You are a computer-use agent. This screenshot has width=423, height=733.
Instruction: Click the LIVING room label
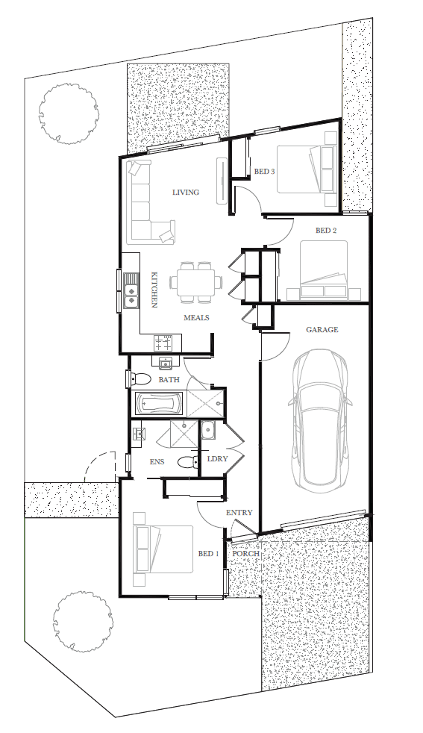(186, 192)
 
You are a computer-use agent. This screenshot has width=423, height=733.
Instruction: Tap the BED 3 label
(264, 172)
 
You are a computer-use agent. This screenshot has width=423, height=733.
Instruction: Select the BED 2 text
(326, 231)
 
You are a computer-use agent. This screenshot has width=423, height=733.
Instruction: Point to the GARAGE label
(322, 330)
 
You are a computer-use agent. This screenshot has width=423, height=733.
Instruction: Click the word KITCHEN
(153, 290)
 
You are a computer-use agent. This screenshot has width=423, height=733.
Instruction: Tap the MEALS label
(196, 318)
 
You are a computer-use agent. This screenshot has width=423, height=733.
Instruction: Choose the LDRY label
(217, 458)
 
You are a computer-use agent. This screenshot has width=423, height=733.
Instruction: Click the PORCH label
(246, 554)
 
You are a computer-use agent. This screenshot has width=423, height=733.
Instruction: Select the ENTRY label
(239, 513)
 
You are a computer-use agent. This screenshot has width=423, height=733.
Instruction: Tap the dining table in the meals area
(196, 282)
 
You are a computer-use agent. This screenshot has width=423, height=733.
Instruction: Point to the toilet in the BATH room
(139, 378)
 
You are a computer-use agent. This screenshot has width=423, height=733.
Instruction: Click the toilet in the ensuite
(188, 462)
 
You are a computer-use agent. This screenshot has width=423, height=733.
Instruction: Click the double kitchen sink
(131, 291)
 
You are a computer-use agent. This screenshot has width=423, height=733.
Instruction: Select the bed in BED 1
(163, 549)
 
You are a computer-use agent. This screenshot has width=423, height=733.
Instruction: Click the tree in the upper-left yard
(69, 114)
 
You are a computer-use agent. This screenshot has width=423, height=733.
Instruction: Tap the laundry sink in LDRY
(208, 430)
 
